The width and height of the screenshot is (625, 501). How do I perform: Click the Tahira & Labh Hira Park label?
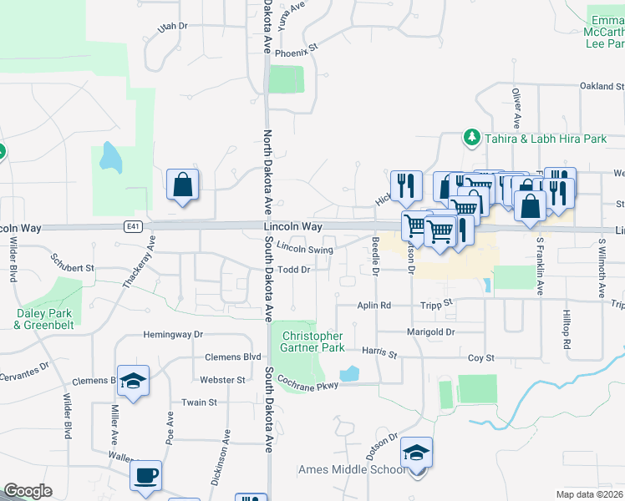tap(545, 139)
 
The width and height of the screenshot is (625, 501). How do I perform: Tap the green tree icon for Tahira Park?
tap(472, 137)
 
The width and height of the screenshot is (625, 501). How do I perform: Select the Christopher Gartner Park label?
tap(312, 342)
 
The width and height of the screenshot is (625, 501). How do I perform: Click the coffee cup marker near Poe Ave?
tap(147, 476)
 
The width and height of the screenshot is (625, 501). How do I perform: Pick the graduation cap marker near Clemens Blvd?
tap(133, 382)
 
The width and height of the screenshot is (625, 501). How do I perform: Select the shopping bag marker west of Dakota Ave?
tap(182, 185)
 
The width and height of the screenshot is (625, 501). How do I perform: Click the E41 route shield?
tap(133, 225)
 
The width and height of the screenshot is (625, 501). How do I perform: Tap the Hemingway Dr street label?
tap(174, 334)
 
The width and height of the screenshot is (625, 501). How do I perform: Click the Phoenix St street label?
tap(302, 48)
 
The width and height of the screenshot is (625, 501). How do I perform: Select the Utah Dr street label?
tap(173, 27)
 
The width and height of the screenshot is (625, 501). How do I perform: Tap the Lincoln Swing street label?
tap(305, 248)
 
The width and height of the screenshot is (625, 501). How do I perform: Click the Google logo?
tap(28, 491)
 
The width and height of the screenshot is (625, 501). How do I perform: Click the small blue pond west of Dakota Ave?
tap(110, 157)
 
